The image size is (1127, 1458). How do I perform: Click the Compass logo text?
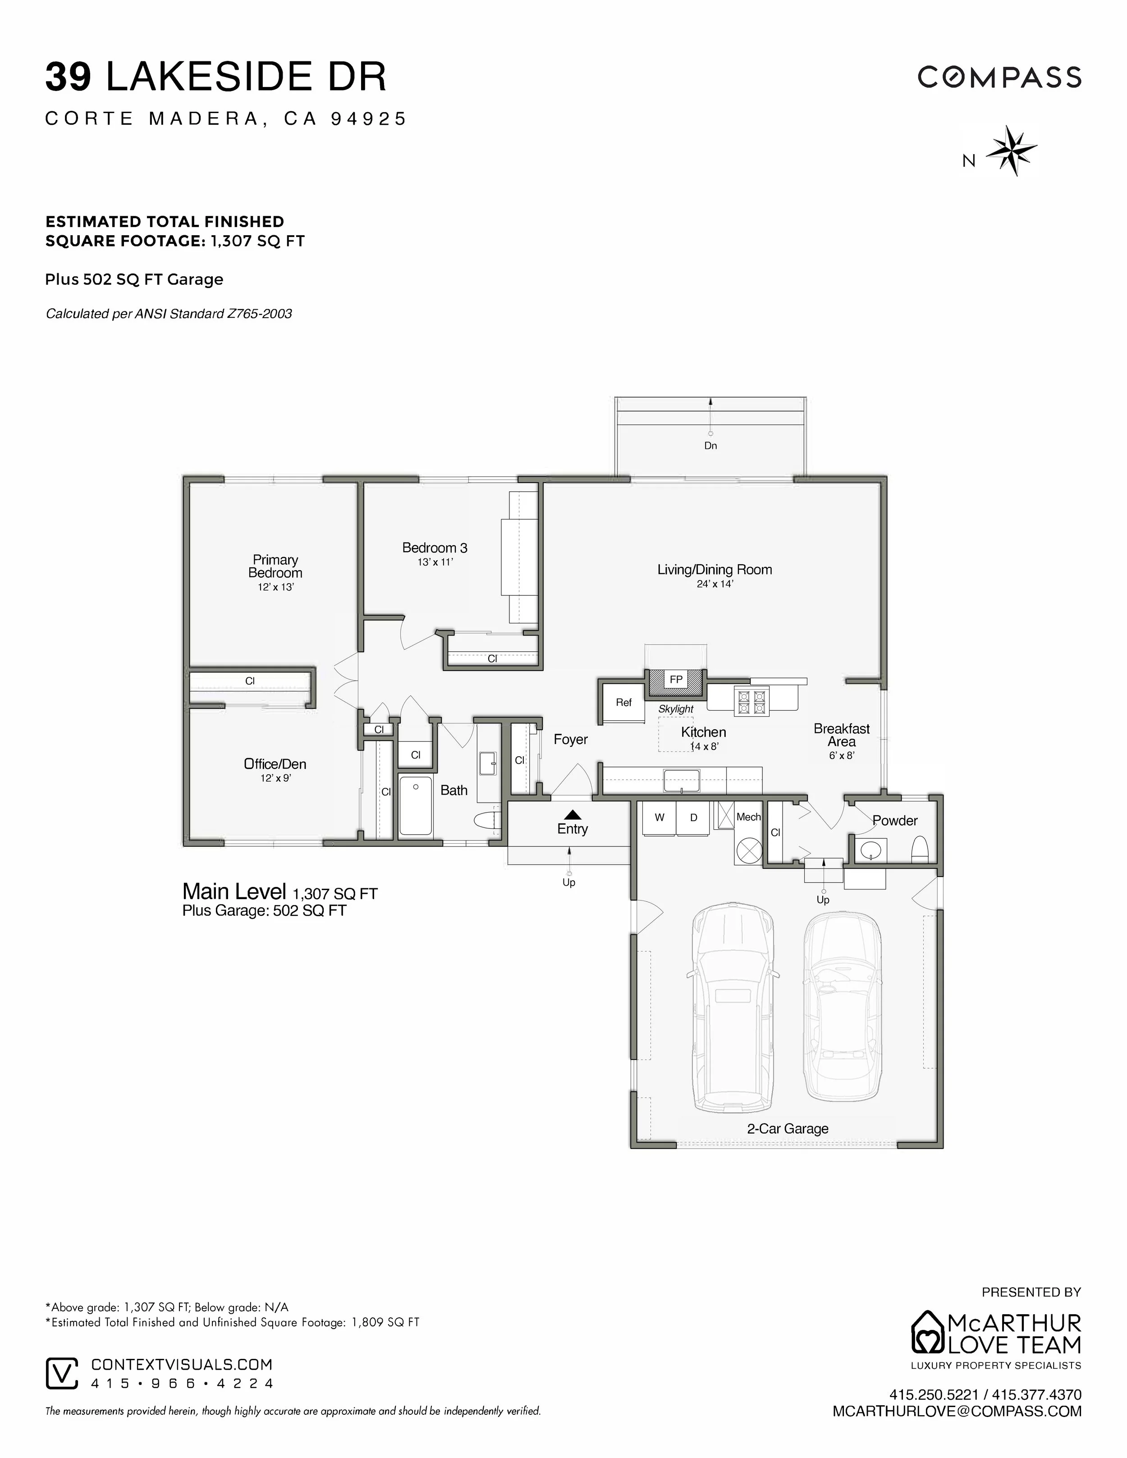[999, 78]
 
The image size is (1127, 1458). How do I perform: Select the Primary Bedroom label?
[275, 566]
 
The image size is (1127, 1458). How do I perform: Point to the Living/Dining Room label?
[715, 569]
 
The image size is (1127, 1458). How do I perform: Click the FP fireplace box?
[676, 680]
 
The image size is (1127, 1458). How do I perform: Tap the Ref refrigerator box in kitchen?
[623, 702]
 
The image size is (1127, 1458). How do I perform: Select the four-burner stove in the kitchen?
[751, 701]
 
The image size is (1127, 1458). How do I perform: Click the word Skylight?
[676, 709]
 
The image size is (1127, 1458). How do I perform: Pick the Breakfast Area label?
[841, 735]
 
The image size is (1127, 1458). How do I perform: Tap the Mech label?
[748, 817]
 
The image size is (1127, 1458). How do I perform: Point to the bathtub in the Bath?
[415, 804]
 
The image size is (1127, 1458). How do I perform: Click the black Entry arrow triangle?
[572, 814]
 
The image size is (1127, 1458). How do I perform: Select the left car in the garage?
[733, 1008]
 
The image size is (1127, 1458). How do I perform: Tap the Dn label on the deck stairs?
[710, 445]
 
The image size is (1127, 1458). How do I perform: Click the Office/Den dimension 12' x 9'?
[275, 778]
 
